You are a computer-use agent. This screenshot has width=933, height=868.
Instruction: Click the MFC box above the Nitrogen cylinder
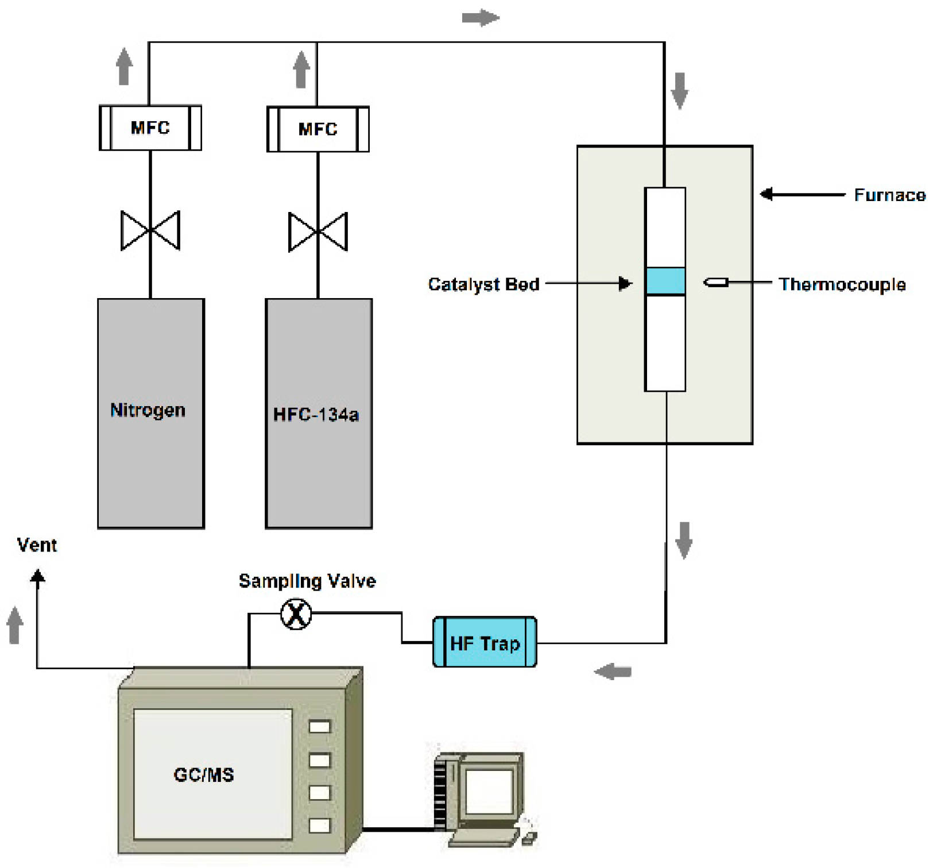(x=150, y=128)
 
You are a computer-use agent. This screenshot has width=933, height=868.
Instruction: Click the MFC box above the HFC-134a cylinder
(x=318, y=129)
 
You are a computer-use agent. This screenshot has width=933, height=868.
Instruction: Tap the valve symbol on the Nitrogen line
(x=150, y=230)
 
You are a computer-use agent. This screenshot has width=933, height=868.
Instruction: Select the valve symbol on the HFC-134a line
(x=318, y=232)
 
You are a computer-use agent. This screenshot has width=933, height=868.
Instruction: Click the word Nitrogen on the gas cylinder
(x=148, y=410)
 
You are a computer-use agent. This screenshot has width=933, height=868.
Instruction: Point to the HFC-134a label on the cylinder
(x=316, y=415)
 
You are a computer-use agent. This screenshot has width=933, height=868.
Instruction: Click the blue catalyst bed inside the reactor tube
(x=665, y=281)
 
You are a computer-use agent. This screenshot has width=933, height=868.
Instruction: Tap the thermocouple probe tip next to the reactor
(x=715, y=282)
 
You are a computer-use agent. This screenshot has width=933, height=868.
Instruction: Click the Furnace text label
(x=889, y=195)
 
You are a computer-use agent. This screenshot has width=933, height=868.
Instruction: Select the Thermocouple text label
(x=842, y=284)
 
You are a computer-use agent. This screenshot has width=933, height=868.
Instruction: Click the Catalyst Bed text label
(x=483, y=284)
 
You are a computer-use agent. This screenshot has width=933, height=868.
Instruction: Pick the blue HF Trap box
(x=485, y=642)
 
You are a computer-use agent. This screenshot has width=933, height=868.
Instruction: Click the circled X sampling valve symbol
(x=296, y=614)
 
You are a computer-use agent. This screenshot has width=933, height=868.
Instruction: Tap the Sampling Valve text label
(x=307, y=581)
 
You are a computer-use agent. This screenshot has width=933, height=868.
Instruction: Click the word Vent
(x=37, y=545)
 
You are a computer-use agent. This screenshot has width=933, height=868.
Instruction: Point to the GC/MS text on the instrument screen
(x=204, y=775)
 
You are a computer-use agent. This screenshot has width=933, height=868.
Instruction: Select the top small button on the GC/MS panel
(x=320, y=727)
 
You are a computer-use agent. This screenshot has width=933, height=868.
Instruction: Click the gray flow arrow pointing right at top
(x=480, y=18)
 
